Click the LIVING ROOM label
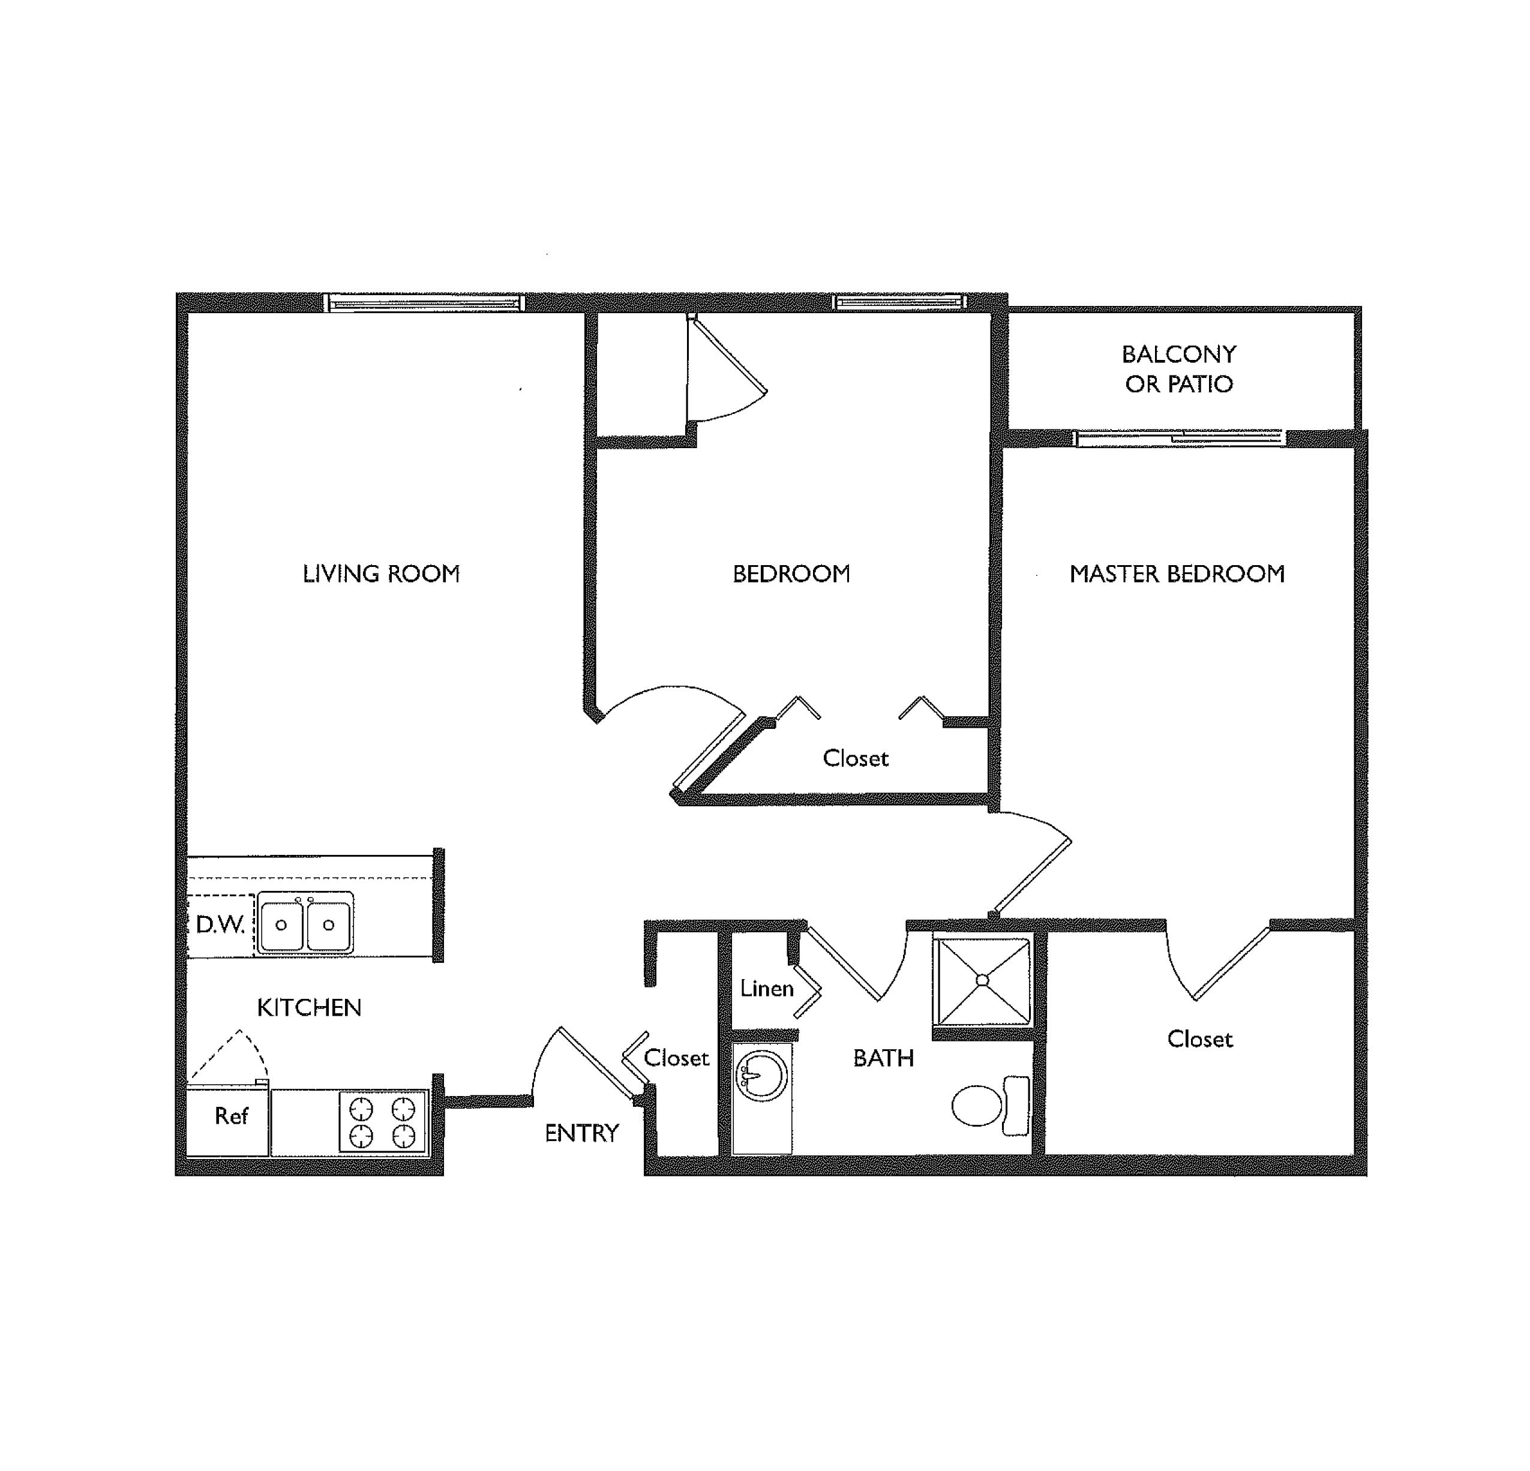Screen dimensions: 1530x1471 [x=381, y=574]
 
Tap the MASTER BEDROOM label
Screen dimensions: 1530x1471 [x=1177, y=574]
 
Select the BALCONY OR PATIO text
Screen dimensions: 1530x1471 [x=1179, y=369]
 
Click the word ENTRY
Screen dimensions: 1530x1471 [x=581, y=1133]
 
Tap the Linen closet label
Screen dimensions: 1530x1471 [x=767, y=989]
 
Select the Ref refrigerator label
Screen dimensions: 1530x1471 [x=231, y=1116]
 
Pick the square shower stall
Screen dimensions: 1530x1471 [x=983, y=981]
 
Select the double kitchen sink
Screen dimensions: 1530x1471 [x=305, y=924]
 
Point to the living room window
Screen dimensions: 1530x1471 [x=424, y=303]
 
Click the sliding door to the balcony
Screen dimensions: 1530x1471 [x=1180, y=439]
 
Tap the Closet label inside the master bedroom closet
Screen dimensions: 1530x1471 [x=1200, y=1040]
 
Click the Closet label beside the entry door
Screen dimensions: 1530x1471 [x=676, y=1058]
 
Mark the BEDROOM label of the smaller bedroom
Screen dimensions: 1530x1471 [x=791, y=574]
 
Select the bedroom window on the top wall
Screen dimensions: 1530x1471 [x=901, y=303]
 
